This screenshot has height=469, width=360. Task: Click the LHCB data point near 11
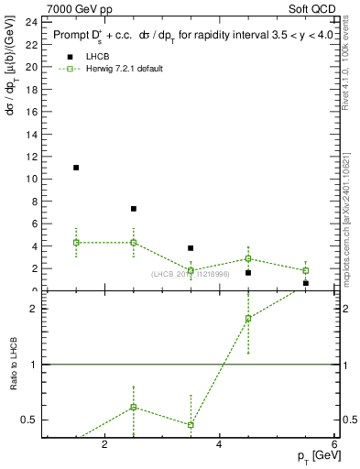coord(76,168)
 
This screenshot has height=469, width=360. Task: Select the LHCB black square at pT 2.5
coord(134,209)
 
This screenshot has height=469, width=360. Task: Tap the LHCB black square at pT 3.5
coord(191,248)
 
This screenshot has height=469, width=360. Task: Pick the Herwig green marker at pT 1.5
coord(76,242)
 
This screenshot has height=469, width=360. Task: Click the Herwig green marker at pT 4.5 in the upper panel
coord(248,258)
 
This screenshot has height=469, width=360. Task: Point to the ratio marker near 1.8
coord(248,319)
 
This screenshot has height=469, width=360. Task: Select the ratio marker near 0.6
coord(134,407)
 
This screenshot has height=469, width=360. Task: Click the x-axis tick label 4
coord(220,444)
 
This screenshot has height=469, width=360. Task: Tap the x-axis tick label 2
coord(104,444)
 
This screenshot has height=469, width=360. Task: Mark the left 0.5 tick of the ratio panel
coord(29,420)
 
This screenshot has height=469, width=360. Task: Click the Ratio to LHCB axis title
coord(13,365)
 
